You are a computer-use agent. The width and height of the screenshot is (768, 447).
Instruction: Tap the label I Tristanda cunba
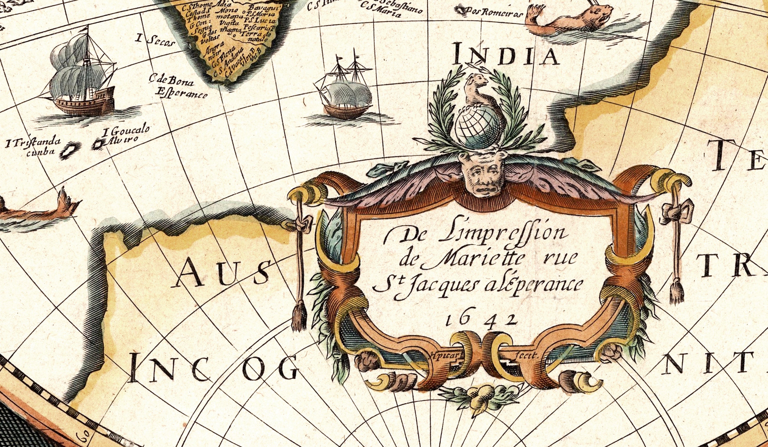(34, 146)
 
